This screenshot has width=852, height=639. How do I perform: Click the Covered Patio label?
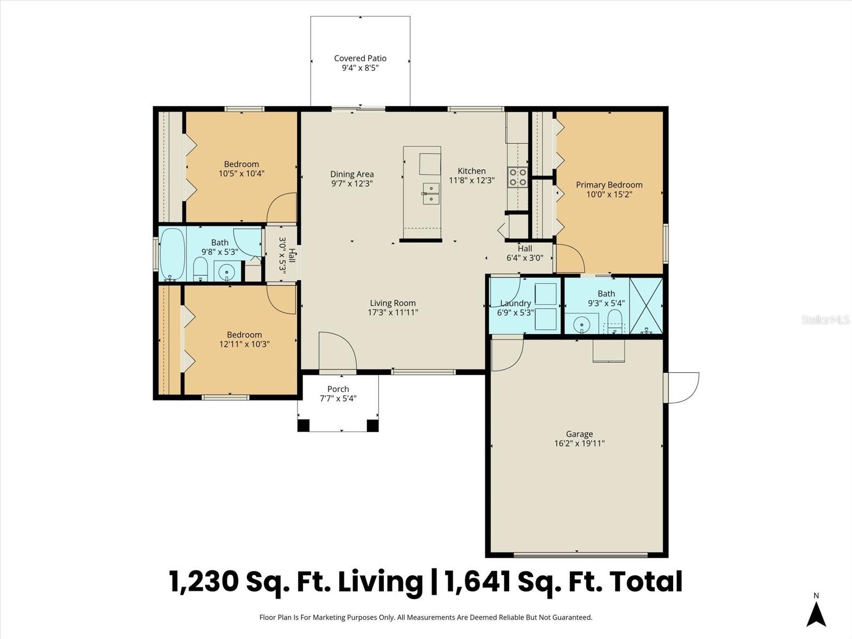pyautogui.click(x=360, y=59)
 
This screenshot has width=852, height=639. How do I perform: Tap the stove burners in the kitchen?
pyautogui.click(x=517, y=177)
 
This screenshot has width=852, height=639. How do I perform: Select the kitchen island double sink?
pyautogui.click(x=431, y=194)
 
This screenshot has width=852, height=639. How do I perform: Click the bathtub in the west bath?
pyautogui.click(x=172, y=255)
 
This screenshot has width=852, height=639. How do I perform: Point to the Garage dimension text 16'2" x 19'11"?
pyautogui.click(x=579, y=443)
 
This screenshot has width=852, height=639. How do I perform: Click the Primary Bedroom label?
pyautogui.click(x=609, y=185)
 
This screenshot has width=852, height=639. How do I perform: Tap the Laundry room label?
pyautogui.click(x=515, y=303)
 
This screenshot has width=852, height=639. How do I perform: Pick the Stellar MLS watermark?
pyautogui.click(x=825, y=319)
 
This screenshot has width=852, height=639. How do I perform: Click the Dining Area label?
pyautogui.click(x=351, y=174)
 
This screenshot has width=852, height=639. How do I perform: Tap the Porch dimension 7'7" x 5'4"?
pyautogui.click(x=338, y=398)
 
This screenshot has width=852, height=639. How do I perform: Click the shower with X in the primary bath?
pyautogui.click(x=646, y=306)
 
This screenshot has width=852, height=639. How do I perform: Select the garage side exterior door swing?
pyautogui.click(x=683, y=387)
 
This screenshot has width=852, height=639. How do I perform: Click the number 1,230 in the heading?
pyautogui.click(x=204, y=581)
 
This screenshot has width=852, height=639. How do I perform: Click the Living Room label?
pyautogui.click(x=392, y=303)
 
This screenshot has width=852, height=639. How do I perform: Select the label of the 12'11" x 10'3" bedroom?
pyautogui.click(x=244, y=334)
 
